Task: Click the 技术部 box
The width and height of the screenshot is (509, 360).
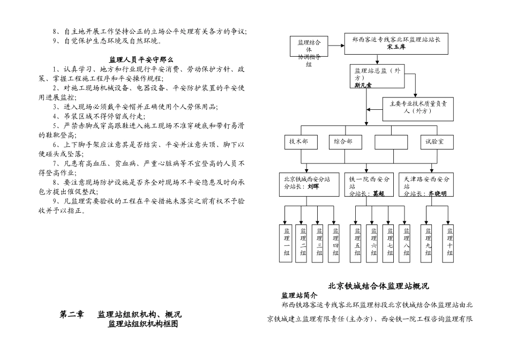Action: pos(301,142)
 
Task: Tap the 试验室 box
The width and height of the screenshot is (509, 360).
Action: pos(438,142)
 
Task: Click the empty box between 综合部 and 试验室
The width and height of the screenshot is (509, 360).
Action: pos(391,142)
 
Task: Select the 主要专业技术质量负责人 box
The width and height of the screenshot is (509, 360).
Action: pos(418,107)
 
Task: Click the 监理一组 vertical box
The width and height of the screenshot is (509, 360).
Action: pos(287,242)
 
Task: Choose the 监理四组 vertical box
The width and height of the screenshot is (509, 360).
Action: pos(335,242)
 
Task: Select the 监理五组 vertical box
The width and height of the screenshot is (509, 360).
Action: pos(357,242)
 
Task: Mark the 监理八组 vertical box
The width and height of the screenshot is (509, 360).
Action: pos(406,242)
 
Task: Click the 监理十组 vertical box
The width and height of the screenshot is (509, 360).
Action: pos(450,242)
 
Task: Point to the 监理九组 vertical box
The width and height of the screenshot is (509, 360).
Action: pos(428,242)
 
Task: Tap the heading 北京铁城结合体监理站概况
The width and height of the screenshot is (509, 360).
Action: pos(378,286)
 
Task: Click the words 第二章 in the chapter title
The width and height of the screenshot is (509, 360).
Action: pos(71,314)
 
